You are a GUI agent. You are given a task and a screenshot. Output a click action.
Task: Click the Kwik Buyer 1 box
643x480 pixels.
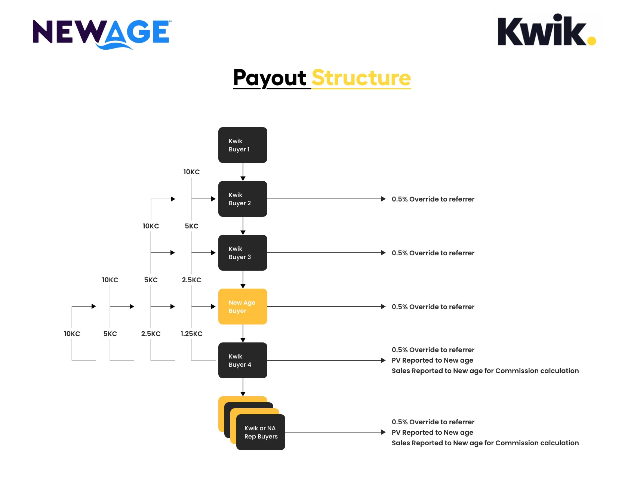(243, 145)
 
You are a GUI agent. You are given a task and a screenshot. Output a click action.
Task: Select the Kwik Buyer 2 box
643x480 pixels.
(243, 199)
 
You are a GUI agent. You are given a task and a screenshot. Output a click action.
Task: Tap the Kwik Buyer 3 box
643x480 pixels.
(243, 253)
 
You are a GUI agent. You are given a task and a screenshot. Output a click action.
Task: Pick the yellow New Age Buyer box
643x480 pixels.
(243, 307)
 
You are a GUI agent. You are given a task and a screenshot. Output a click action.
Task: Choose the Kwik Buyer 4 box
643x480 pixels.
(243, 360)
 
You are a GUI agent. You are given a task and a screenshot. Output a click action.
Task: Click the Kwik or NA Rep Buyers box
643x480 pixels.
(261, 432)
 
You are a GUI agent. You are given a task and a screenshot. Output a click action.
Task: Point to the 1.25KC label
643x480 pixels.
(191, 334)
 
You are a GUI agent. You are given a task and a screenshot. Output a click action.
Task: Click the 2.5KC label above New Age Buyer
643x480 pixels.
(191, 280)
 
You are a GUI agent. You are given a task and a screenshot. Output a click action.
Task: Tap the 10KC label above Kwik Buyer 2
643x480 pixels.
(191, 172)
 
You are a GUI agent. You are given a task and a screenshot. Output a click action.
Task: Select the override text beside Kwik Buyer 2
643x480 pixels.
(433, 199)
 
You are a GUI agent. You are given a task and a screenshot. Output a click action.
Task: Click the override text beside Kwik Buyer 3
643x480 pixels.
(433, 253)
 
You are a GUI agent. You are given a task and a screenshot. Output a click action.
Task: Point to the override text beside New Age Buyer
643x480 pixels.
(433, 307)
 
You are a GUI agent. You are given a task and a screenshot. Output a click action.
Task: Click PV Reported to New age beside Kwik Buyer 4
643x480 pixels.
(432, 360)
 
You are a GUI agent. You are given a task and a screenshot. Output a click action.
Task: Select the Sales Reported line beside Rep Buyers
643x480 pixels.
(485, 443)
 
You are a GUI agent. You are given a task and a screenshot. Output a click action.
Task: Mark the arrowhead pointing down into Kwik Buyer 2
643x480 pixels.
(243, 179)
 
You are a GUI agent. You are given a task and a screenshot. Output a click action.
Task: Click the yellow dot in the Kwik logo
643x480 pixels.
(591, 40)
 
